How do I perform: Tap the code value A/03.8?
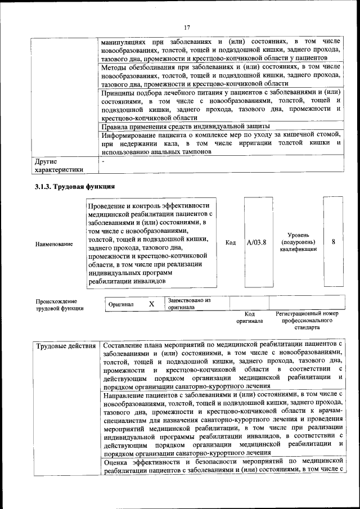pyautogui.click(x=256, y=242)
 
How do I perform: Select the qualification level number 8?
pyautogui.click(x=334, y=242)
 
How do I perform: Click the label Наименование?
pyautogui.click(x=54, y=244)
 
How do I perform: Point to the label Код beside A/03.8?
pyautogui.click(x=230, y=242)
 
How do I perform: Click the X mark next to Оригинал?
pyautogui.click(x=151, y=304)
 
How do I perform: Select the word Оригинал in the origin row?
pyautogui.click(x=121, y=304)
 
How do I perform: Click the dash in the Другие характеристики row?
pyautogui.click(x=103, y=161)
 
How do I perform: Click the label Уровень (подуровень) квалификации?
pyautogui.click(x=298, y=242)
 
